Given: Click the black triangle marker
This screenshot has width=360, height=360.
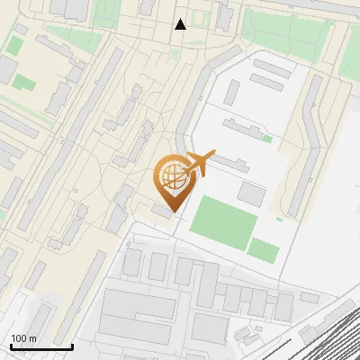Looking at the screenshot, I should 181,24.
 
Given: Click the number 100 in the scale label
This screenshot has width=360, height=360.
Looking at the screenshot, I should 19,338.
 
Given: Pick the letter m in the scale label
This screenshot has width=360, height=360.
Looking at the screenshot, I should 33,338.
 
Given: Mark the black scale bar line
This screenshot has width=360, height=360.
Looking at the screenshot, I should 41,346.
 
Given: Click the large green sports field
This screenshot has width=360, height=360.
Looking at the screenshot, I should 222,220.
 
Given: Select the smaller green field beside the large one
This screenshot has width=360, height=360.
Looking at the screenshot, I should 263,249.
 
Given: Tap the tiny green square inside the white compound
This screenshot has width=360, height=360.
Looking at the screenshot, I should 267,139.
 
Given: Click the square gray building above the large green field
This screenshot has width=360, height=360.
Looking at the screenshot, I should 251,193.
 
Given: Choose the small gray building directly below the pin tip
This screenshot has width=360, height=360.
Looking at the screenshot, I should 161,211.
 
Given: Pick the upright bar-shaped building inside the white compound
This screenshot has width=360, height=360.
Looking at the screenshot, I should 232,92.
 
